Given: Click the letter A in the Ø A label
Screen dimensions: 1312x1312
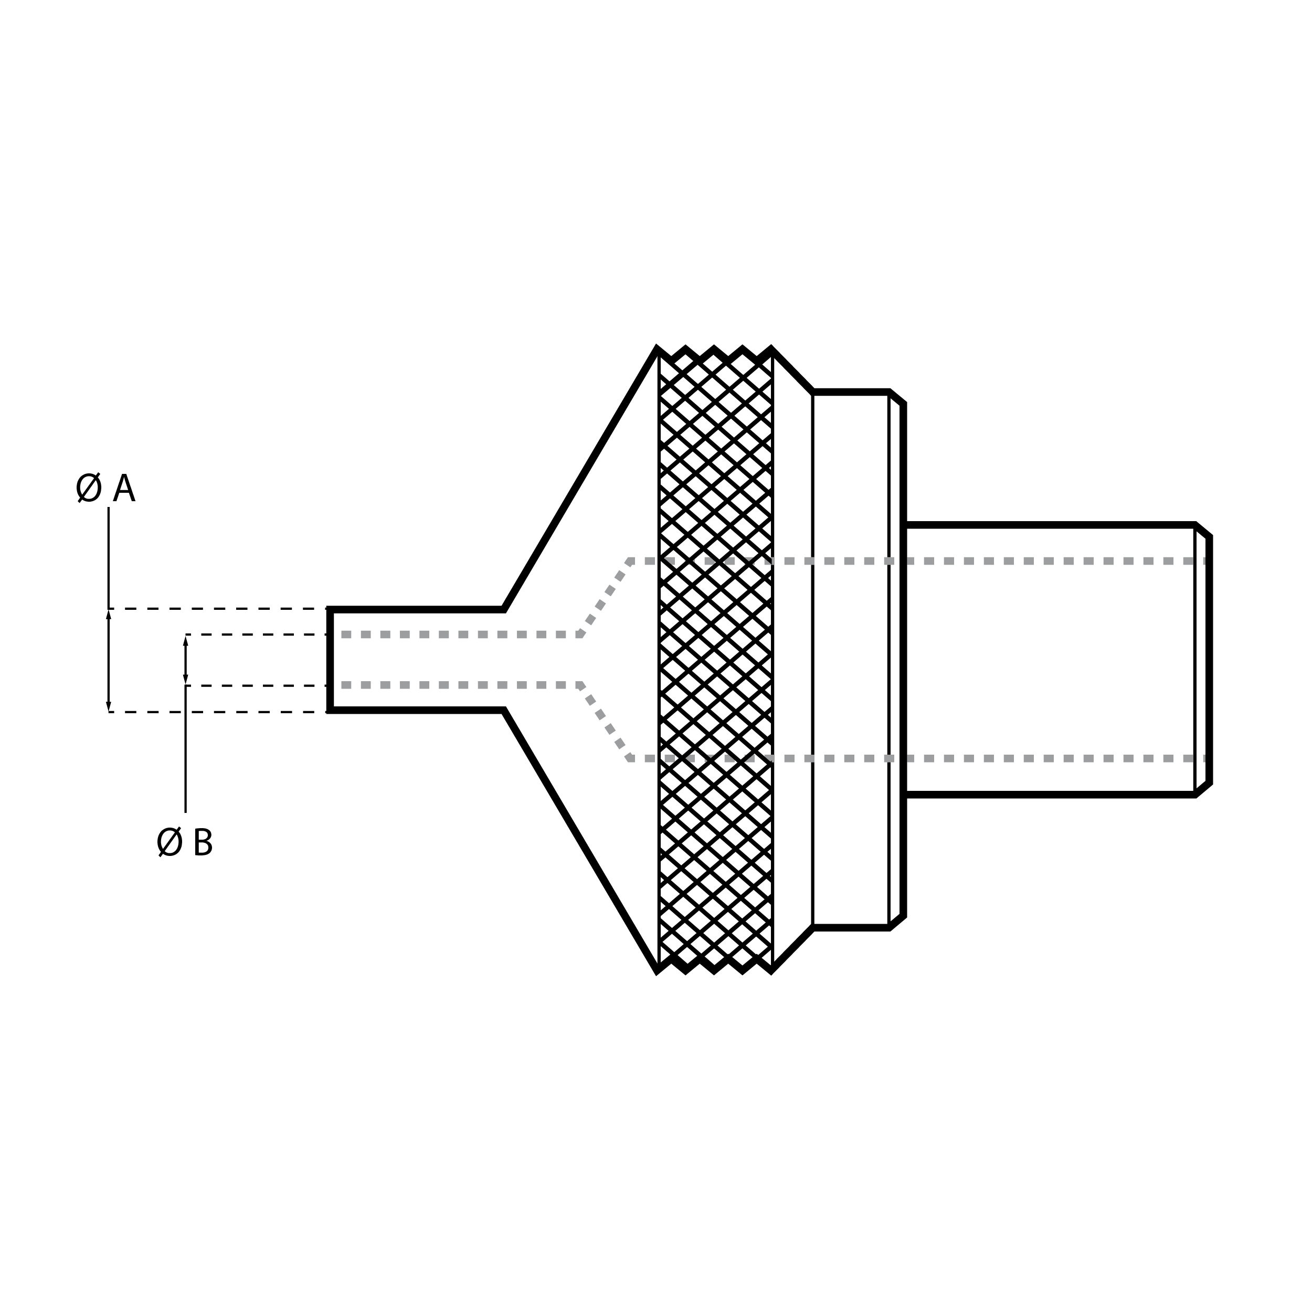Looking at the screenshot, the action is (124, 489).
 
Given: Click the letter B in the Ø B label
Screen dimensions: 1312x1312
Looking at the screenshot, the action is (203, 843).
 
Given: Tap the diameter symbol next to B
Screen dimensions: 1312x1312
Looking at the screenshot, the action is (170, 842).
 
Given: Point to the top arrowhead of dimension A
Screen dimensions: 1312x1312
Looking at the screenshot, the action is (109, 615).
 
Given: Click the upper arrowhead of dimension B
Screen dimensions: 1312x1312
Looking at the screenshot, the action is (185, 640).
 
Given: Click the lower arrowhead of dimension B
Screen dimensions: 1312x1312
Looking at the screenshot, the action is (185, 679).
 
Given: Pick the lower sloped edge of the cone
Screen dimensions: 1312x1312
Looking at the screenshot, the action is (580, 841).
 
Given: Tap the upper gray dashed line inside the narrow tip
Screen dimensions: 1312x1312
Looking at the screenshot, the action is (460, 634).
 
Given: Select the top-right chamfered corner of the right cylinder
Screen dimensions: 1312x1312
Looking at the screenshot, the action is (1203, 531).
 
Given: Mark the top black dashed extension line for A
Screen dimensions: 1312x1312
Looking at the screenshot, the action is (218, 608).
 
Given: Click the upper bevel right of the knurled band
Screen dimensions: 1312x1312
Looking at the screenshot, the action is (793, 370).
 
